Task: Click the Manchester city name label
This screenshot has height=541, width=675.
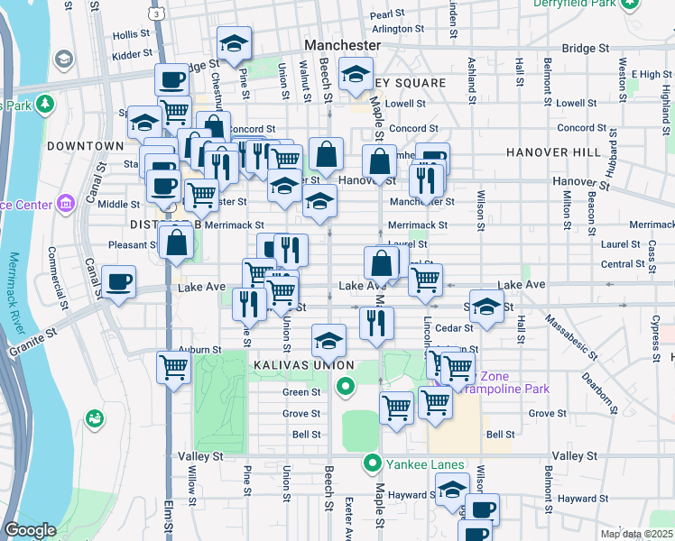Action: coord(343,44)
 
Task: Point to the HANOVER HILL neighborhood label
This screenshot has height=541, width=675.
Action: coord(552,152)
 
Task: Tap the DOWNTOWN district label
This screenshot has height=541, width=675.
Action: coord(85,145)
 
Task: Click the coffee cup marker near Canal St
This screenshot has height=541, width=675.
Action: coord(119,282)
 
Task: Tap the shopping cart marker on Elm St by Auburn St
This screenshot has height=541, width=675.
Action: coord(172,367)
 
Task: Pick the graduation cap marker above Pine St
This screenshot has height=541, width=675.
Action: coord(234,43)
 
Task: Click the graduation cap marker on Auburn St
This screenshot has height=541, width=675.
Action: coord(328,342)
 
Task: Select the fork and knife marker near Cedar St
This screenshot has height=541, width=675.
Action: coord(376,323)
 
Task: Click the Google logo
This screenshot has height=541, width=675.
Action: coord(30,530)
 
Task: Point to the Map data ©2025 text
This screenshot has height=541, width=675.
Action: coord(636,534)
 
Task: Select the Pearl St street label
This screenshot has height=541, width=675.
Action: coord(386,14)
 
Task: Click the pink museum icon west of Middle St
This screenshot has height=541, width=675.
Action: coord(65,204)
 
